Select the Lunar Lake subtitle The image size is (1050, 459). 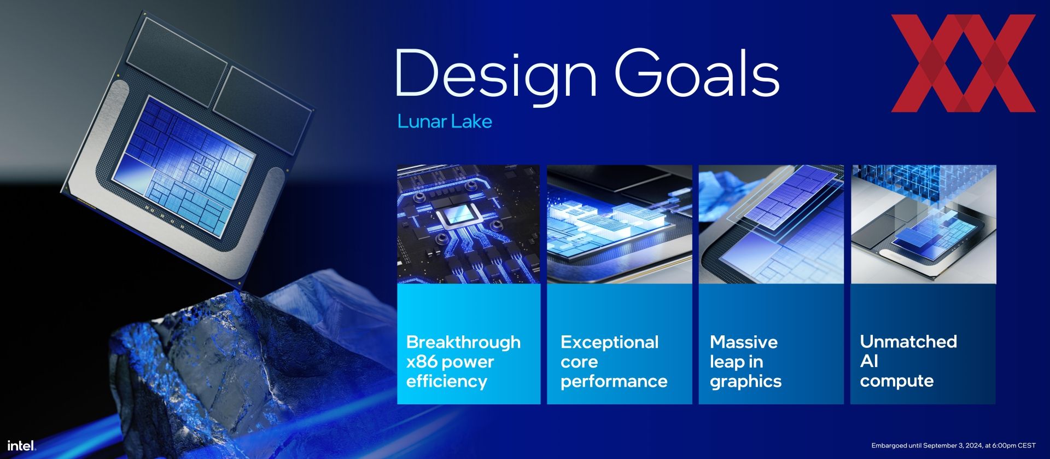445,121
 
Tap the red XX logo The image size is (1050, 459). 963,63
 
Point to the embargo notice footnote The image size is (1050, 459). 953,446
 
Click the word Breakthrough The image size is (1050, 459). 463,342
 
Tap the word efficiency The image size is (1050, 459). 446,381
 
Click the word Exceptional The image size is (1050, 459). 609,342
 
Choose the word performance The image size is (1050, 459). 614,381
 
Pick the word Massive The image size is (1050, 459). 743,342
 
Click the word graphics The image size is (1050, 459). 745,381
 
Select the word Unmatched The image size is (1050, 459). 908,341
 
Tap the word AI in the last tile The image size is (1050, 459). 869,361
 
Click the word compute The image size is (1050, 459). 896,381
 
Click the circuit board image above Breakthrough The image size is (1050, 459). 469,224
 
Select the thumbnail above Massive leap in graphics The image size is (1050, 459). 771,224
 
